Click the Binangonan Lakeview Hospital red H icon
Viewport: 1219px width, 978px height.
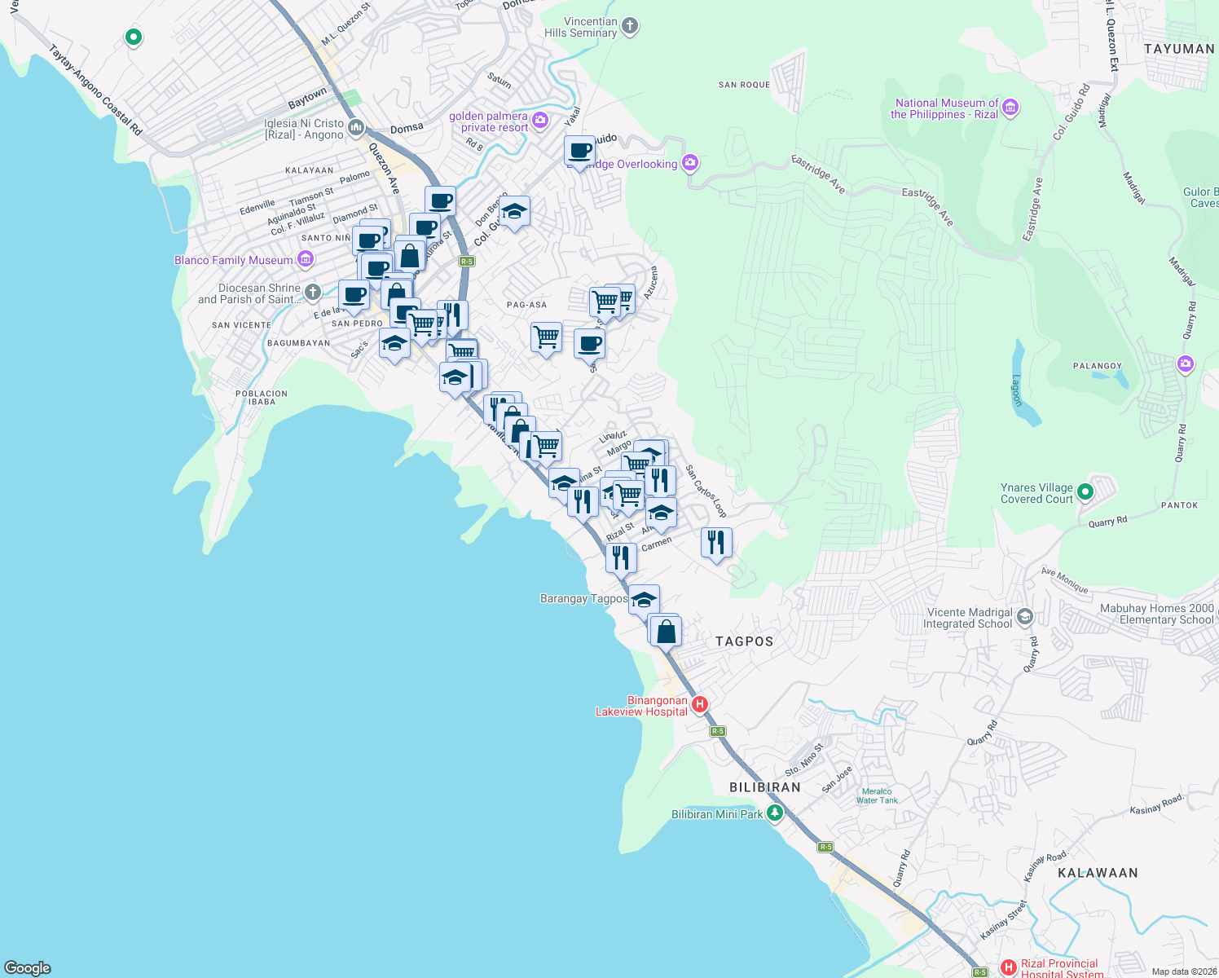(699, 704)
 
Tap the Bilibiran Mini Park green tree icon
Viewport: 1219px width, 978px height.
(775, 813)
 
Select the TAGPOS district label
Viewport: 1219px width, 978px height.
(744, 641)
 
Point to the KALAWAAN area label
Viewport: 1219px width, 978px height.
(1097, 873)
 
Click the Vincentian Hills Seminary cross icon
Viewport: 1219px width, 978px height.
(630, 26)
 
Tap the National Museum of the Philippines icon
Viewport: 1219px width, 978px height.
(1010, 108)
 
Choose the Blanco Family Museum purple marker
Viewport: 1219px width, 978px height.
(306, 260)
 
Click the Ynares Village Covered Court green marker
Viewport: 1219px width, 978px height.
(1085, 492)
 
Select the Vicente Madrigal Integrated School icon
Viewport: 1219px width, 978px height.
(1025, 617)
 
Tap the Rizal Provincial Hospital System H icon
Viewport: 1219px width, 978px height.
(1009, 967)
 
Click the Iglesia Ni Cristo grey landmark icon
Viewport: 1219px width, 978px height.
(356, 128)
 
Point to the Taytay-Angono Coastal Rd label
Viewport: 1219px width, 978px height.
(95, 90)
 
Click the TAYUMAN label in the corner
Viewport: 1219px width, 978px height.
(1178, 49)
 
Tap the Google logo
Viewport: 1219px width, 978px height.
(28, 967)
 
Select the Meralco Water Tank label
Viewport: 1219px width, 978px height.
(877, 796)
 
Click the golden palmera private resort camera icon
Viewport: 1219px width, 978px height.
(541, 121)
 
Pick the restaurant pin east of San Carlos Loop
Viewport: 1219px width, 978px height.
(716, 543)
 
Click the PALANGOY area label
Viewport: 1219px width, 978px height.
(1097, 367)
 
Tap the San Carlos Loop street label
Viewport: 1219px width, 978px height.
(706, 491)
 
